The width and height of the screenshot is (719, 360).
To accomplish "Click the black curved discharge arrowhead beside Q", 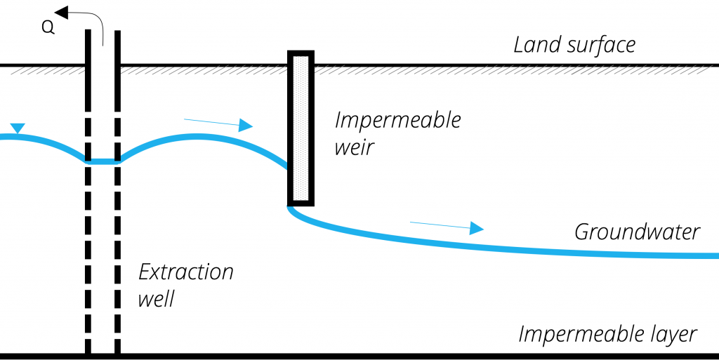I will (x=62, y=12).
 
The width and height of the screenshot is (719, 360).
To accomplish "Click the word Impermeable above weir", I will (x=397, y=120).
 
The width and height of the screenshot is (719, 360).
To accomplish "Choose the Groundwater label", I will (x=637, y=232).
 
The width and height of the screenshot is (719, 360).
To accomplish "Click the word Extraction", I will (x=185, y=272).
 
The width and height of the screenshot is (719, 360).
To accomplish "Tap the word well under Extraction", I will (x=156, y=300).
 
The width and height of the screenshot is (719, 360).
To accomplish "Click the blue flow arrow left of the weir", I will (x=218, y=124).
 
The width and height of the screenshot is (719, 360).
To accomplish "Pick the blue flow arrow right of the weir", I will (x=447, y=226).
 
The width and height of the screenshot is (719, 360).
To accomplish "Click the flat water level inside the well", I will (x=103, y=161).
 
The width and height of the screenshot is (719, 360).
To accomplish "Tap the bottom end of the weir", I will (x=301, y=204).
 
